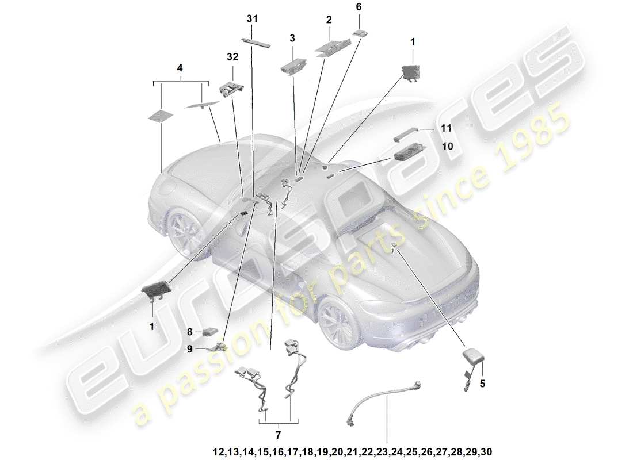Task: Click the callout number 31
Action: point(252,19)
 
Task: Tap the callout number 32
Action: point(232,57)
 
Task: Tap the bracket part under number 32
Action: point(232,87)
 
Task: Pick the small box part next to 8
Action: point(209,332)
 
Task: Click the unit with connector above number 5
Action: point(474,359)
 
